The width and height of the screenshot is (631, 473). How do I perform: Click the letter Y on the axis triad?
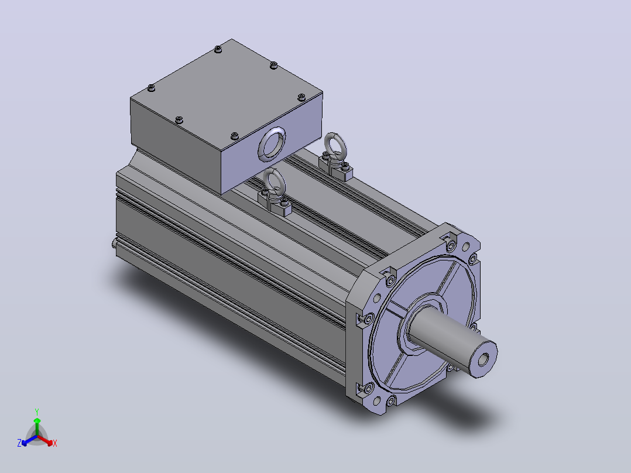tap(37, 412)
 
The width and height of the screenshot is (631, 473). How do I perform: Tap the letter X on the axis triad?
tap(55, 443)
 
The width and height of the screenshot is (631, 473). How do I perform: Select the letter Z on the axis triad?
tap(19, 443)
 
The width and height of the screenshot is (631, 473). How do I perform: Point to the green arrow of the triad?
tap(37, 427)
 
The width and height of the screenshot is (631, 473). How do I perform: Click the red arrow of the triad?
tap(45, 440)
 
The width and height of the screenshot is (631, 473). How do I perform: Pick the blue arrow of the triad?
tap(29, 440)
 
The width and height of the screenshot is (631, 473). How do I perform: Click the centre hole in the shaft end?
tap(483, 359)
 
